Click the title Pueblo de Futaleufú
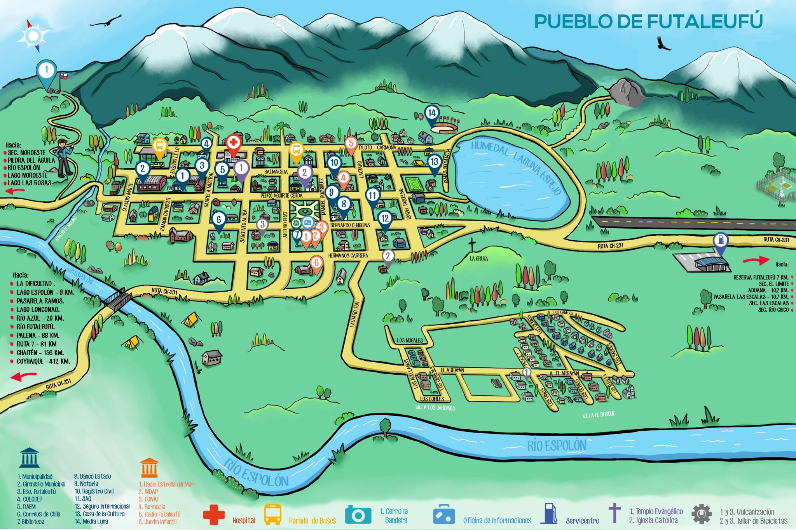(648, 21)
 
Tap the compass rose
(33, 36)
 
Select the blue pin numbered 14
(432, 114)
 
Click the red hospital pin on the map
(233, 144)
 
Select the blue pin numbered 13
(434, 163)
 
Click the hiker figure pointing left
(64, 157)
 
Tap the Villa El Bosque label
(599, 415)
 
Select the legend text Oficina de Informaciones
(497, 521)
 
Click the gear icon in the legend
(701, 514)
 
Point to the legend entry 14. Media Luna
(91, 521)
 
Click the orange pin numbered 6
(316, 263)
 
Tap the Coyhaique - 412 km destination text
(43, 361)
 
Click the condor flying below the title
(663, 44)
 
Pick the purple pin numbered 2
(305, 173)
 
